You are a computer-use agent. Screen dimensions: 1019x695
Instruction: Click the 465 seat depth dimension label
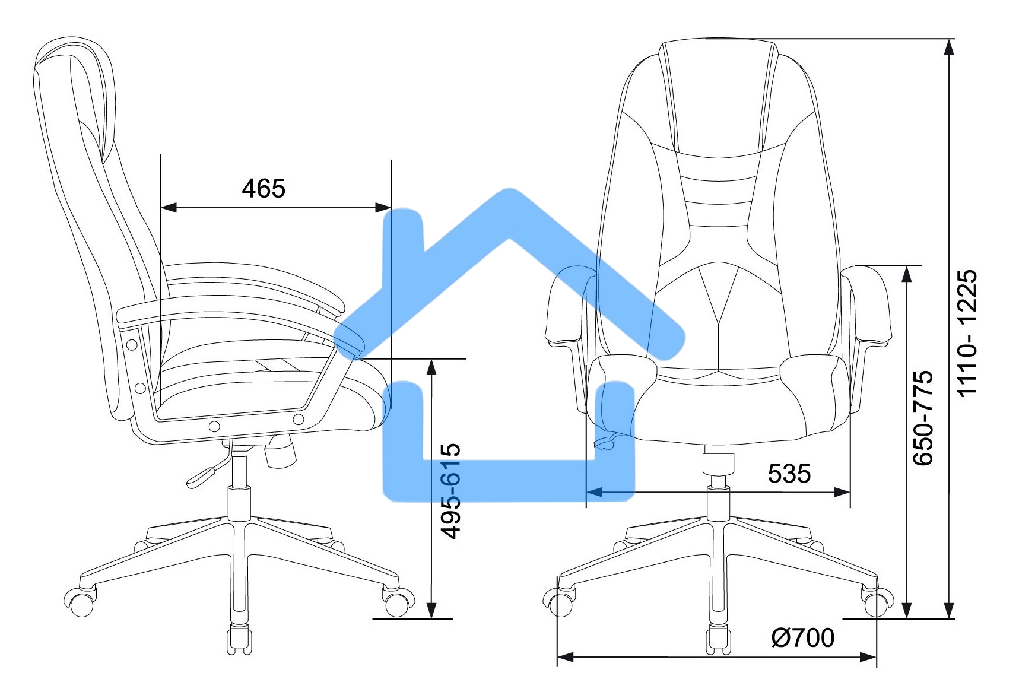click(x=264, y=188)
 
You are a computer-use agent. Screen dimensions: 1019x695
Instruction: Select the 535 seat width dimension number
click(x=789, y=474)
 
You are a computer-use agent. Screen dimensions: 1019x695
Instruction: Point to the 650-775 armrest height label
click(x=923, y=418)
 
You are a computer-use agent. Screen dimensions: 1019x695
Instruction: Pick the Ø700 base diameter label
click(x=802, y=638)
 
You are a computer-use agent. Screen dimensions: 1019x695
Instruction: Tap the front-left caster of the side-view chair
click(x=80, y=602)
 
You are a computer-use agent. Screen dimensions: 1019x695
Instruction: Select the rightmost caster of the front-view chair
click(x=877, y=602)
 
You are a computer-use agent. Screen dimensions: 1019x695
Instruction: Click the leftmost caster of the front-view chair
click(x=559, y=602)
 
